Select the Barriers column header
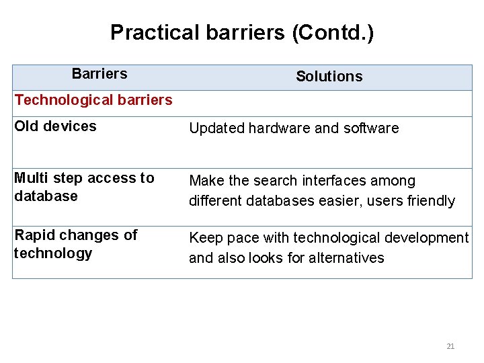click(99, 73)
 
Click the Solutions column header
click(329, 77)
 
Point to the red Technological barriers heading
click(93, 100)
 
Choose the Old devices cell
click(55, 126)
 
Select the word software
click(373, 128)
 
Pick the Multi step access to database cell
click(84, 187)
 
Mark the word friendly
click(432, 201)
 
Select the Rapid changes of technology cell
click(75, 244)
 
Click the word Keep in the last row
click(203, 238)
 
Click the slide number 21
click(450, 346)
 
